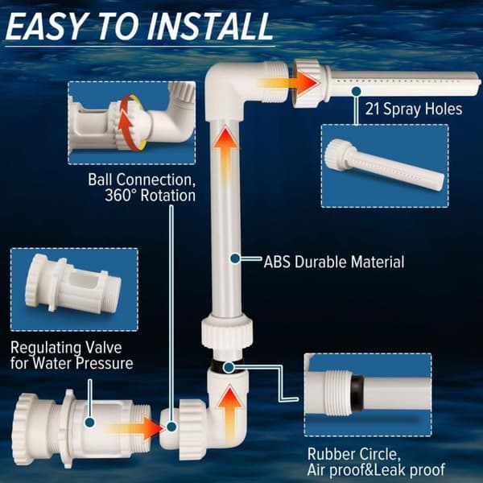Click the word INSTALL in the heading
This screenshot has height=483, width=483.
coord(209,27)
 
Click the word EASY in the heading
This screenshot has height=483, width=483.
coord(44,27)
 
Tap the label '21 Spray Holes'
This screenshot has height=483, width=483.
coord(414,109)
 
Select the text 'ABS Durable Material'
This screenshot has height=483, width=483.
coord(334,262)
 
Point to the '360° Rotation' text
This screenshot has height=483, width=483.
coord(150,196)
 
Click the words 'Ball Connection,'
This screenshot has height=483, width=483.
coord(142,180)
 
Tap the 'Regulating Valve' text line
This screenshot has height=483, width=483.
coord(66,348)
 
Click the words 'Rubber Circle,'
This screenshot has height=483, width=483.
coord(354,454)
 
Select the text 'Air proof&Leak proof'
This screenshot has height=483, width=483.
coord(376,470)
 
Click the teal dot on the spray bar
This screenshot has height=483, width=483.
coord(357,91)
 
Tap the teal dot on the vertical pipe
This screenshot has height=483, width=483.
coord(235,258)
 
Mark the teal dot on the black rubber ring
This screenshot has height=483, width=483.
coord(229,367)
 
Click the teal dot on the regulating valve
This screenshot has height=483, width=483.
coord(89,423)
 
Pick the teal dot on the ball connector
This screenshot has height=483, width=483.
coord(171,427)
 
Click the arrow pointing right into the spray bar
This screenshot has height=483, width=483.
coord(289,83)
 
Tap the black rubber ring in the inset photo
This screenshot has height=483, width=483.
coord(357,396)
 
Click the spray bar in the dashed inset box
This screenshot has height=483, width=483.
coord(384,164)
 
